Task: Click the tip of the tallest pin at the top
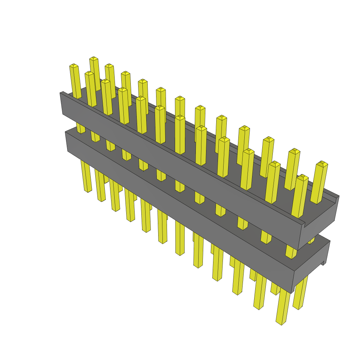tap(94, 58)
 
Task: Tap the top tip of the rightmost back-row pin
tap(322, 164)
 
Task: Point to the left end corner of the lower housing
tap(66, 133)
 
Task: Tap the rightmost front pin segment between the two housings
tap(290, 252)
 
